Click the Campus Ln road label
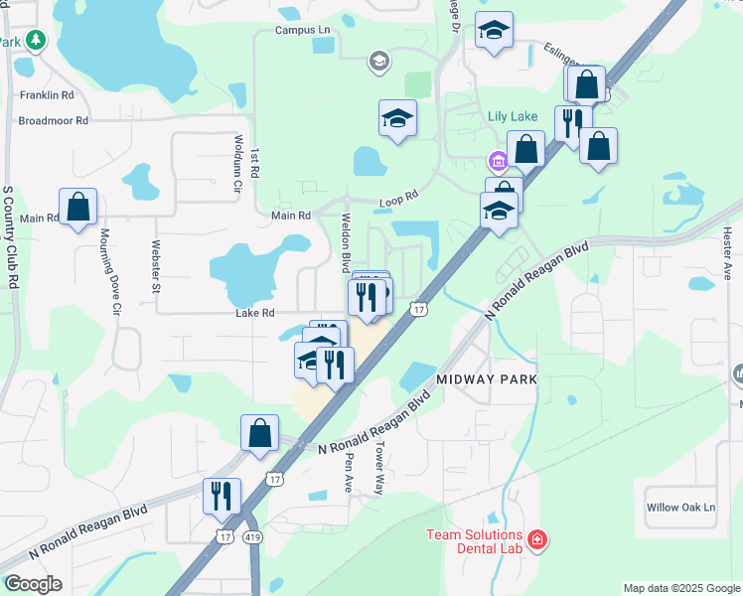coord(302,31)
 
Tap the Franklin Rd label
coord(47,96)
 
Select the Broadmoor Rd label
coord(54,120)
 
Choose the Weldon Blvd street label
coord(347,241)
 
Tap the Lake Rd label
coord(254,313)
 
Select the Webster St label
coord(156,267)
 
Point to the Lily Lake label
coord(513,116)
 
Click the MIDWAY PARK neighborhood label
coord(487,380)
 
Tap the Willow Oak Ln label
coord(680,508)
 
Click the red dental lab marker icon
coord(537,540)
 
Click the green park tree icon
coord(37,40)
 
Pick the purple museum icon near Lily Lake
coord(497,161)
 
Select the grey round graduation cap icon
coord(377,63)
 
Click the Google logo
coord(33,584)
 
